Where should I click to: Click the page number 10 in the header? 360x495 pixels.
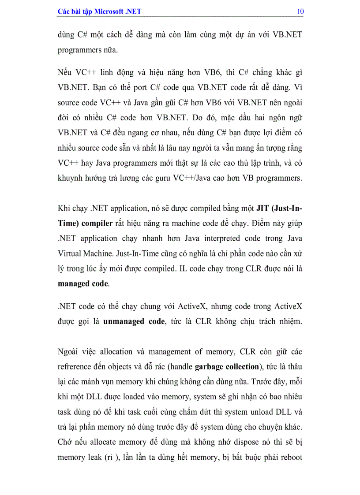tap(300, 11)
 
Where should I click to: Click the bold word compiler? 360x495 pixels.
tap(97, 223)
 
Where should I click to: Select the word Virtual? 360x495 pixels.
tap(70, 253)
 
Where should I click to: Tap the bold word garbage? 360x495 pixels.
tap(210, 367)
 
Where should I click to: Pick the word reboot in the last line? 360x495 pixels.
tap(290, 458)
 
